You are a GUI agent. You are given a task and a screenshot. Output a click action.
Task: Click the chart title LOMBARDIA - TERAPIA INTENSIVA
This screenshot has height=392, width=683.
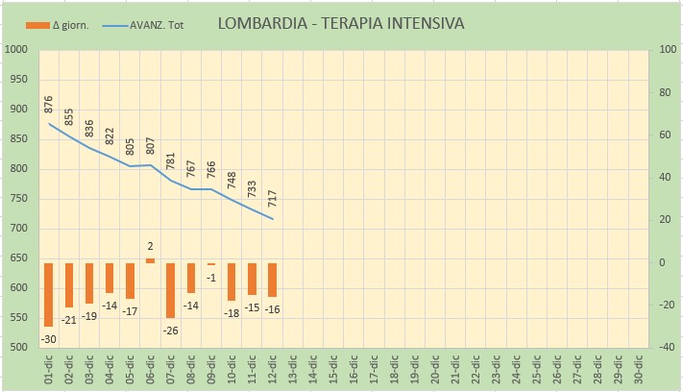tap(341, 23)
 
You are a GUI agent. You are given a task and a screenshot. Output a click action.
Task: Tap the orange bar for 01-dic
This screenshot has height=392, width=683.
tap(48, 295)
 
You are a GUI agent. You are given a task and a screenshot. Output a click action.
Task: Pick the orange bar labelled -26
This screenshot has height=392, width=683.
tap(170, 290)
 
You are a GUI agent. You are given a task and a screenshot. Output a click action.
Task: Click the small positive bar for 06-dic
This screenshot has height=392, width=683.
tap(150, 260)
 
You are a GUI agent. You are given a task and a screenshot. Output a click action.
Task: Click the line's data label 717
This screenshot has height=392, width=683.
tap(272, 201)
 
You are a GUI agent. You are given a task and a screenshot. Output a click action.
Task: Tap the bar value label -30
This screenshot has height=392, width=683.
tap(47, 337)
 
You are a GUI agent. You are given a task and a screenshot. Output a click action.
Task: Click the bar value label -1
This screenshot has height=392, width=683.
tap(210, 277)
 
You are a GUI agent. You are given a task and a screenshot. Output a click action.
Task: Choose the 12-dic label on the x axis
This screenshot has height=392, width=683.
tap(273, 369)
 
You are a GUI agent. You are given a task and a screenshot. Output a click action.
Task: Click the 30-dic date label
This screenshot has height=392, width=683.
tap(639, 369)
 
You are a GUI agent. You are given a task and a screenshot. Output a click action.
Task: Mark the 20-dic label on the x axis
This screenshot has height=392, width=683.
tap(435, 369)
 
